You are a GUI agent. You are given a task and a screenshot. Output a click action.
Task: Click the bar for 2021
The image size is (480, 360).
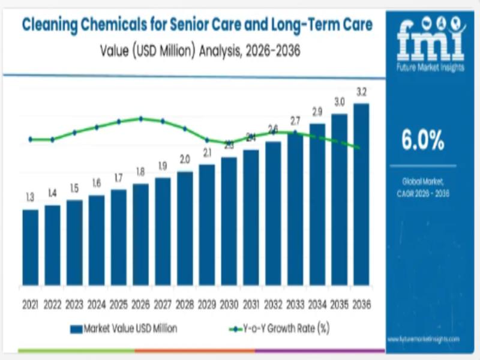[x=30, y=247]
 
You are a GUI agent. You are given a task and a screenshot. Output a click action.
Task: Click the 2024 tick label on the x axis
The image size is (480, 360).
[x=96, y=305]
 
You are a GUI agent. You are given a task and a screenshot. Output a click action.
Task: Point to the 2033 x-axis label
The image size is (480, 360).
[x=295, y=305]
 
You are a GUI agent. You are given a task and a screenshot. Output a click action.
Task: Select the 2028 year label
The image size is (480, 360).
[x=185, y=305]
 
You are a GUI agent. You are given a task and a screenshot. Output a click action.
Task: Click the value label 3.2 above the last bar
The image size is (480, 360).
[x=361, y=92]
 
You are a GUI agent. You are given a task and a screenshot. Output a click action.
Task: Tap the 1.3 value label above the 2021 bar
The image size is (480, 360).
[x=30, y=197]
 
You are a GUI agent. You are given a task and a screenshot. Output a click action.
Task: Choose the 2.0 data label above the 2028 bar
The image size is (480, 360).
[x=185, y=160]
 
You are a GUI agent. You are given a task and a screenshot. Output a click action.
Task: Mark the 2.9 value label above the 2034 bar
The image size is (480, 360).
[x=317, y=112]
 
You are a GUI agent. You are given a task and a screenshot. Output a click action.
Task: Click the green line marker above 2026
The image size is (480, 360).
[x=140, y=119]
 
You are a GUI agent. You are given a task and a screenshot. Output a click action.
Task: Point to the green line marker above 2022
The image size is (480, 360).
[x=52, y=140]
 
